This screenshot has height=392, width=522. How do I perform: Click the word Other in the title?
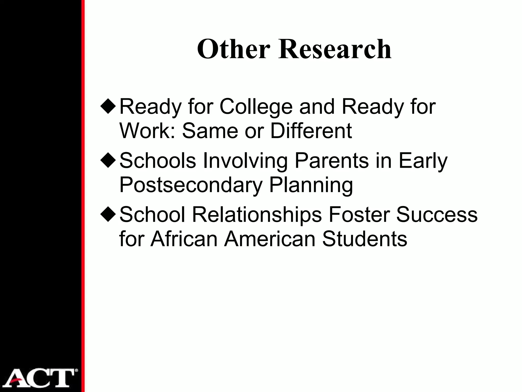pyautogui.click(x=233, y=49)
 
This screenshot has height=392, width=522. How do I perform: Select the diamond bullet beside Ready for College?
pyautogui.click(x=108, y=107)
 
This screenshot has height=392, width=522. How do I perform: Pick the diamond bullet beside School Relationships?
pyautogui.click(x=108, y=215)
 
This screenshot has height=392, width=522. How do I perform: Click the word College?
pyautogui.click(x=256, y=107)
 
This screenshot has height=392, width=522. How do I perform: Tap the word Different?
pyautogui.click(x=311, y=131)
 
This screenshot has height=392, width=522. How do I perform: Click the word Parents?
pyautogui.click(x=332, y=161)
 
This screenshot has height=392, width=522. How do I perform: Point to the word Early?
pyautogui.click(x=423, y=161)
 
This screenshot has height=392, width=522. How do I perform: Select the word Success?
pyautogui.click(x=437, y=215)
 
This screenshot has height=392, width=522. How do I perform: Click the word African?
pyautogui.click(x=184, y=239)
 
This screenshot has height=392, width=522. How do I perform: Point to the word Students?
pyautogui.click(x=364, y=239)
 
